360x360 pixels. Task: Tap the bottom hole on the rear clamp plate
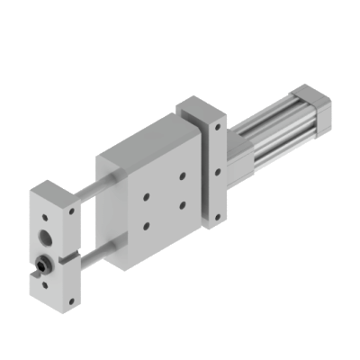point(217,215)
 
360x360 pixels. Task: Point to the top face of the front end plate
point(56,191)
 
